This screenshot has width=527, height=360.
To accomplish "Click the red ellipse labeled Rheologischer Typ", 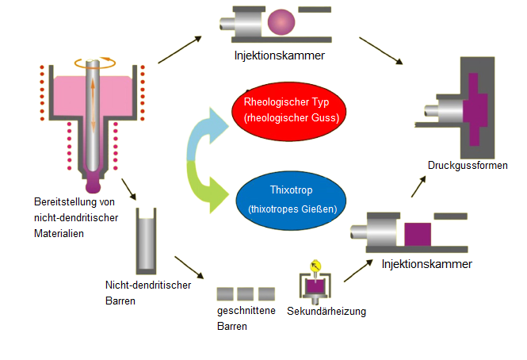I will click(286, 110).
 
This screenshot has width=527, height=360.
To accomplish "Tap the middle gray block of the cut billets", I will click(245, 294).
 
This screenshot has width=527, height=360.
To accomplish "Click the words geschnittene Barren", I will click(246, 318).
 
